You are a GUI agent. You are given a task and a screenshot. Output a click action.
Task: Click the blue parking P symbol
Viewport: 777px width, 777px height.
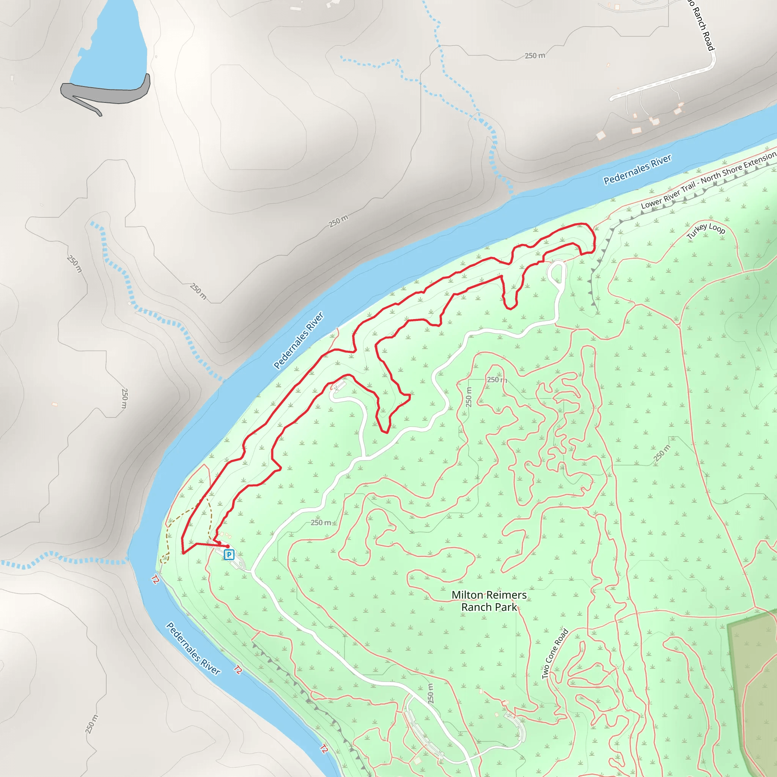pos(229,555)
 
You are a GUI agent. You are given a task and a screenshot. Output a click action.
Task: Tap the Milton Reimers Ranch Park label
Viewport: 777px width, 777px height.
pos(489,601)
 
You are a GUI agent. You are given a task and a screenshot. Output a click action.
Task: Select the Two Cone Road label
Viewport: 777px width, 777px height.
pos(555,654)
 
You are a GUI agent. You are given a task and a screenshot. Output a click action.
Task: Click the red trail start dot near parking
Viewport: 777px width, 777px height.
pos(228,546)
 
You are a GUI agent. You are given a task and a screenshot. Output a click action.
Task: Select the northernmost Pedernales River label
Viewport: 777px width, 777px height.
pos(637,169)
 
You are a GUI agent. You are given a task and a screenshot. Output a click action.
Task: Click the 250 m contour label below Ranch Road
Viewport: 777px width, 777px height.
pos(535,56)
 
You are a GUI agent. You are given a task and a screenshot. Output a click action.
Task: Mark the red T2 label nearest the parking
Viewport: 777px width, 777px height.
pos(155,580)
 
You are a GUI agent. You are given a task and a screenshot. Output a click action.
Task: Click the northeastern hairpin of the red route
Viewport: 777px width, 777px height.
pos(594,237)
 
